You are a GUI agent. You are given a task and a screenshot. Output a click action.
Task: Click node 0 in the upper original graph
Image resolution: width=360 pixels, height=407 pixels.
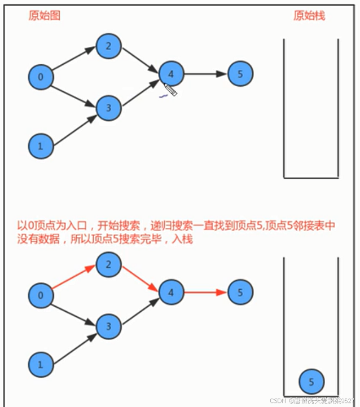click(41, 77)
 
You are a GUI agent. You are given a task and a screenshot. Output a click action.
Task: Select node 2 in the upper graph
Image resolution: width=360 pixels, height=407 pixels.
click(108, 46)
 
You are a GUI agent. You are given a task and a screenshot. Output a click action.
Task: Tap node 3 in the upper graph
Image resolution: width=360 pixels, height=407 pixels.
click(108, 108)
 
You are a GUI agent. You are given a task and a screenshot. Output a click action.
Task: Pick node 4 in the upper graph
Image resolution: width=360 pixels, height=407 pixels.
click(172, 74)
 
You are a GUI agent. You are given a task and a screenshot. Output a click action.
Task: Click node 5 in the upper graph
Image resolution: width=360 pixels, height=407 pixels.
click(240, 74)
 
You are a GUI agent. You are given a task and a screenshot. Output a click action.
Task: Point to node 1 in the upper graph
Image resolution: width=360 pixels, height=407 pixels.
click(41, 146)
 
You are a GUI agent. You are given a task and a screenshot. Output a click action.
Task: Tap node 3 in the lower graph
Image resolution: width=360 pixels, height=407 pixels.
click(108, 326)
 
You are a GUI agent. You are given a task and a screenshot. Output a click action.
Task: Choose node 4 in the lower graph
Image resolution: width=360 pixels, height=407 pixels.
click(172, 292)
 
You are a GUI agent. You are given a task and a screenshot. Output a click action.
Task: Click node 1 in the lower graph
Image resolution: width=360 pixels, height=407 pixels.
click(41, 364)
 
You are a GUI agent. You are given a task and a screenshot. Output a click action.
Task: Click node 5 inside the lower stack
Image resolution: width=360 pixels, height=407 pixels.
click(311, 382)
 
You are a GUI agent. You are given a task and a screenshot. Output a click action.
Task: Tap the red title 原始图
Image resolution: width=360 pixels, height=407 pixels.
click(45, 16)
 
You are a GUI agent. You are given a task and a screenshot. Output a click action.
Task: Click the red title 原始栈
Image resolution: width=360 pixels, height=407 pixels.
click(309, 16)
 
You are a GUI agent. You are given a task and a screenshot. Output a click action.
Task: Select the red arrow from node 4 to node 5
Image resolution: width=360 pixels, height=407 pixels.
click(206, 293)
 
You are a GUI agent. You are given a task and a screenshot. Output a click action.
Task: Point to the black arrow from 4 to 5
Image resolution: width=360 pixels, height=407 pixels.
click(206, 74)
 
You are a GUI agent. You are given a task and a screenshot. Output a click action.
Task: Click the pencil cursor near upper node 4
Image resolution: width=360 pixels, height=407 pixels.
click(170, 90)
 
